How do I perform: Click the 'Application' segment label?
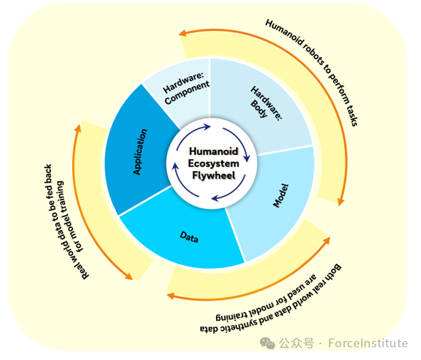pyautogui.click(x=140, y=152)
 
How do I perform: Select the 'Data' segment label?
pyautogui.click(x=189, y=237)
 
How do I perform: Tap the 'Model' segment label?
pyautogui.click(x=281, y=196)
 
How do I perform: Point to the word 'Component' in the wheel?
pyautogui.click(x=187, y=92)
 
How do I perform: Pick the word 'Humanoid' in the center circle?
pyautogui.click(x=214, y=151)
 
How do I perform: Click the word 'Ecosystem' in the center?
pyautogui.click(x=214, y=163)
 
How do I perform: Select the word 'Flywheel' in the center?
pyautogui.click(x=214, y=175)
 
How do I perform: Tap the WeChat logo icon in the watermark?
pyautogui.click(x=268, y=343)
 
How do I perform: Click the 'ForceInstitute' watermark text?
pyautogui.click(x=368, y=343)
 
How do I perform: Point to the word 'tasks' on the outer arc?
pyautogui.click(x=352, y=116)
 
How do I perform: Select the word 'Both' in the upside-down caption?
pyautogui.click(x=333, y=272)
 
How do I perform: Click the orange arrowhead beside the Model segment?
pyautogui.click(x=341, y=201)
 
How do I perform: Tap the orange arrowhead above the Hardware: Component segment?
pyautogui.click(x=183, y=33)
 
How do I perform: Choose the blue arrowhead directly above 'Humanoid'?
pyautogui.click(x=207, y=127)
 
